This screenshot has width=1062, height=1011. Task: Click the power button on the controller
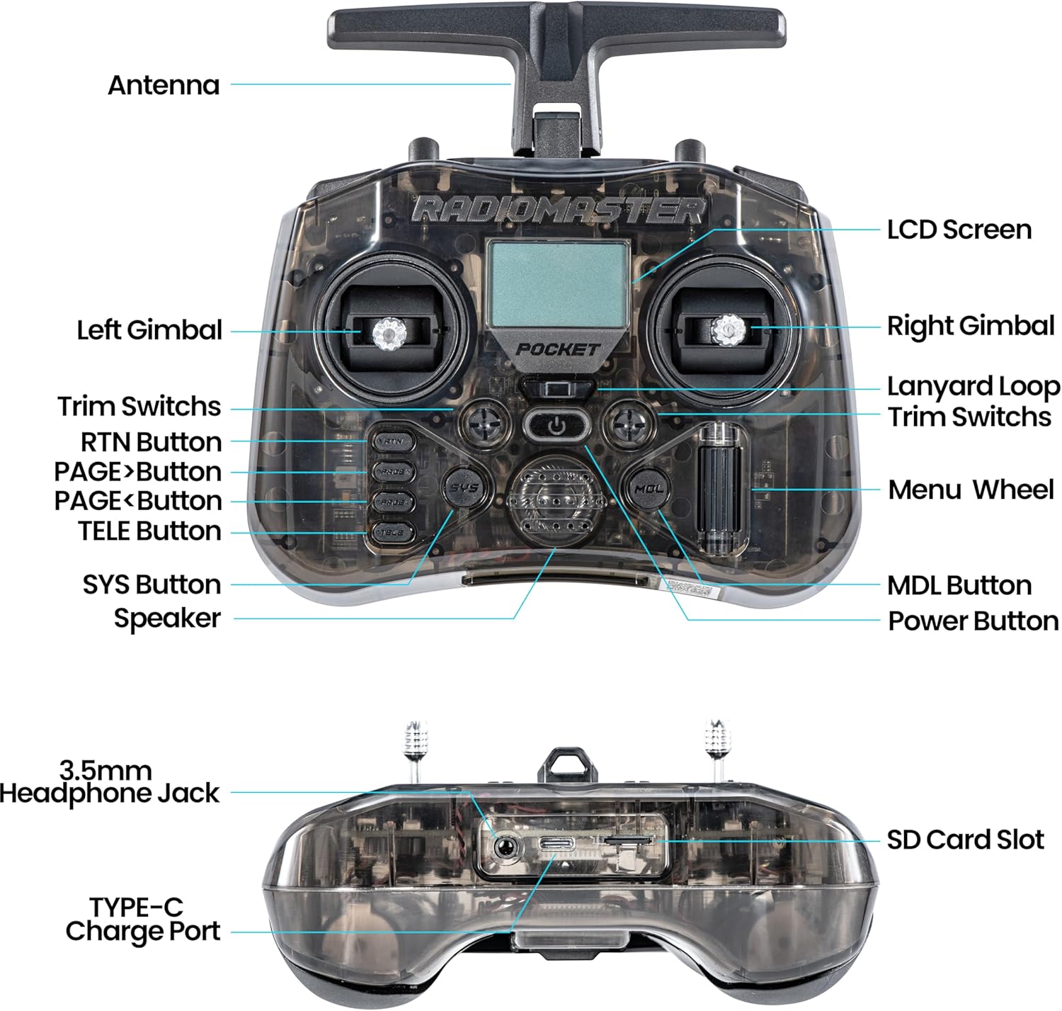coord(557,425)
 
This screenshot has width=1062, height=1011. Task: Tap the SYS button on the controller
coord(465,487)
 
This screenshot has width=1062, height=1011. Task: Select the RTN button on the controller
coord(392,441)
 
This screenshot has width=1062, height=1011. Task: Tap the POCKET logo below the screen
coord(557,349)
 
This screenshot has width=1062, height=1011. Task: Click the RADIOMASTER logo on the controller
coord(559,210)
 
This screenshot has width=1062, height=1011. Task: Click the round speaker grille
coord(555,502)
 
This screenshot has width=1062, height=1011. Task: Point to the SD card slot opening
coord(626,840)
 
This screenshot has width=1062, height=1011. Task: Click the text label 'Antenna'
coord(164,85)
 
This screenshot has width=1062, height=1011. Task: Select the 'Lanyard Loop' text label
coord(973,387)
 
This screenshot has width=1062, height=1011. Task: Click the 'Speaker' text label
coord(167,619)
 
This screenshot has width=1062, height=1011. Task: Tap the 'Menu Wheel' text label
coord(971,490)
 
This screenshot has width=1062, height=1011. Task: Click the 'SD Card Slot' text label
coord(965,840)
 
